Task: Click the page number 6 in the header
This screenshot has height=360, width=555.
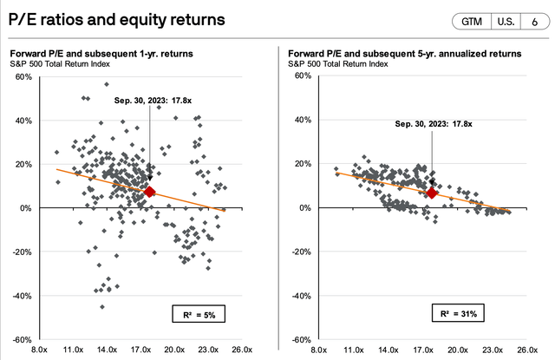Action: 532,23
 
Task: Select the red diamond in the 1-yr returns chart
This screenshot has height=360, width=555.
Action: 150,192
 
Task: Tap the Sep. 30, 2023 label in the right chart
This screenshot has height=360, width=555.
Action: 434,124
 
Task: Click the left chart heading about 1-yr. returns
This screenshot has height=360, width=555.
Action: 100,54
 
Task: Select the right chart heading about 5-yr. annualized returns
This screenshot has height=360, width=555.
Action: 404,54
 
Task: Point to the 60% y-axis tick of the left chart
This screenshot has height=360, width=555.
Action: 23,76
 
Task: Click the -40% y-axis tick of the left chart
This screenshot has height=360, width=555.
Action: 22,296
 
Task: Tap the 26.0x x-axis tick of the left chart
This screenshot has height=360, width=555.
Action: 242,350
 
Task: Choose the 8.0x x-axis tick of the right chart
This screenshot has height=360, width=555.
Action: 319,350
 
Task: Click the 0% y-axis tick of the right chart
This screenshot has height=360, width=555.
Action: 304,208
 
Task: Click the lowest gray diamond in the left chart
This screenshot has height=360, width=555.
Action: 101,306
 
